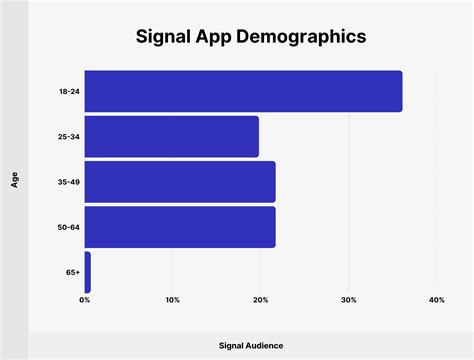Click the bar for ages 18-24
(243, 91)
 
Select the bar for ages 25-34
(171, 136)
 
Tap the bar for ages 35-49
(180, 182)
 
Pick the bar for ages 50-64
(180, 227)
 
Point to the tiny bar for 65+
(88, 272)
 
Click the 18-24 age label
(69, 91)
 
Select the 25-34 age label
(69, 137)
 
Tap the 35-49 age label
(69, 182)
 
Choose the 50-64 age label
(69, 227)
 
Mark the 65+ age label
(73, 272)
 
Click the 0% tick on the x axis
(85, 300)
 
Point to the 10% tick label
(172, 300)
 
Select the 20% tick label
(260, 300)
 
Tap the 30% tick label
(348, 300)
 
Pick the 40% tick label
(436, 300)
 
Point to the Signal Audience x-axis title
(251, 345)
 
